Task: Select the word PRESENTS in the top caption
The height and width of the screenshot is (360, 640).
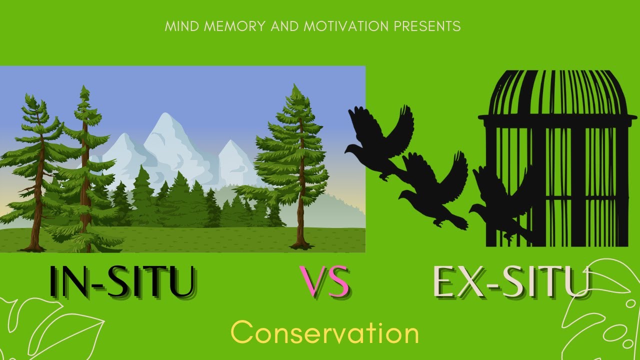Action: click(x=427, y=26)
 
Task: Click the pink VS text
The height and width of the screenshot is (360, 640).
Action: click(x=324, y=282)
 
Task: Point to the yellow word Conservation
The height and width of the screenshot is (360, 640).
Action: click(x=324, y=333)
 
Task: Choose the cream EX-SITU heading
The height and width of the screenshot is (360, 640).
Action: click(x=510, y=282)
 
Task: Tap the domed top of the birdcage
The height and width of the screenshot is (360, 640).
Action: click(x=557, y=90)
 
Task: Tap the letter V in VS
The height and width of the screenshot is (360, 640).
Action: click(x=312, y=282)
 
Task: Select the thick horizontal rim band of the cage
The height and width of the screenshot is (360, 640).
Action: click(x=557, y=119)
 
